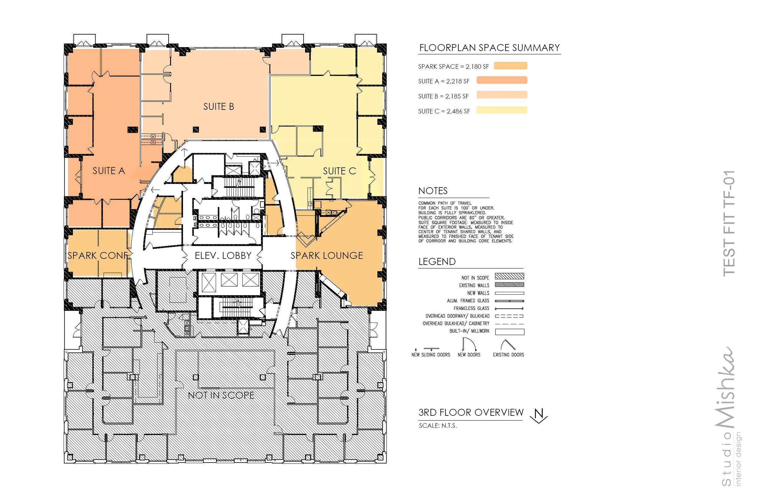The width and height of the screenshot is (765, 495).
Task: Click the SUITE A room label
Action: point(109,171)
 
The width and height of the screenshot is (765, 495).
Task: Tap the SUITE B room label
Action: point(218,106)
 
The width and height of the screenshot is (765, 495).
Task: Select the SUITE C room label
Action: point(339,171)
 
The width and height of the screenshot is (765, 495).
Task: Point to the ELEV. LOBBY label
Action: point(223,255)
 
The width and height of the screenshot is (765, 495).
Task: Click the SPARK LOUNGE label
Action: point(327,255)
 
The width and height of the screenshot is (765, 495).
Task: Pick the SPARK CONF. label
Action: point(98,255)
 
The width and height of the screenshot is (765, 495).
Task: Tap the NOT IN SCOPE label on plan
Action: point(221,395)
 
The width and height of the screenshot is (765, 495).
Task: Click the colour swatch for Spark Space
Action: point(510,66)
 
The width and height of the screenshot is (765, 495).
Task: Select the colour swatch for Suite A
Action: point(502,80)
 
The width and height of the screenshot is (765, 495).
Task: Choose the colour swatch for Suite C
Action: point(502,110)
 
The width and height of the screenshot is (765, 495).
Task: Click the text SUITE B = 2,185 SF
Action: point(443,96)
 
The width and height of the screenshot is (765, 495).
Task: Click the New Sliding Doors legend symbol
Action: point(431,349)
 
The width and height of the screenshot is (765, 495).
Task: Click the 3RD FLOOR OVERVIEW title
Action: point(471,412)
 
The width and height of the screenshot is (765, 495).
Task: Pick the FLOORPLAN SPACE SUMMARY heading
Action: point(490,48)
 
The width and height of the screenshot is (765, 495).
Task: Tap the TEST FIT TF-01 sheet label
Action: point(729,223)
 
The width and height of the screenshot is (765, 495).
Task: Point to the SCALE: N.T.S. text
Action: point(438,426)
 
